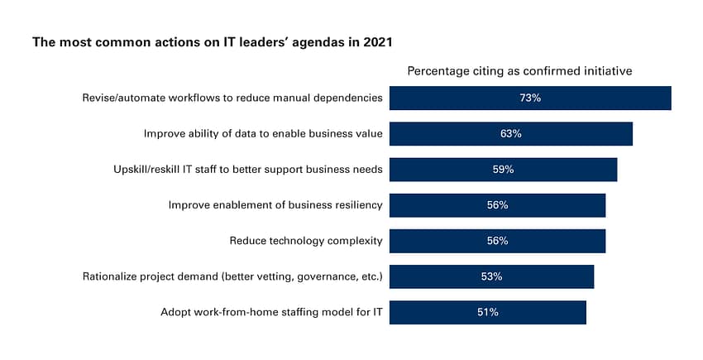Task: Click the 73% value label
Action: tap(530, 98)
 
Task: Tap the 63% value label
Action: tap(510, 133)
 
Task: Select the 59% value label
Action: tap(503, 169)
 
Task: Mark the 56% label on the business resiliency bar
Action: tap(497, 205)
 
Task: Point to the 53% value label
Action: tap(491, 276)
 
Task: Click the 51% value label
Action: tap(487, 312)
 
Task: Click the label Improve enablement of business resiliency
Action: tap(275, 205)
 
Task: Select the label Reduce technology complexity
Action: tap(305, 241)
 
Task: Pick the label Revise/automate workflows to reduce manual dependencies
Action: tap(232, 98)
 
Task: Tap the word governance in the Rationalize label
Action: tap(319, 276)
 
